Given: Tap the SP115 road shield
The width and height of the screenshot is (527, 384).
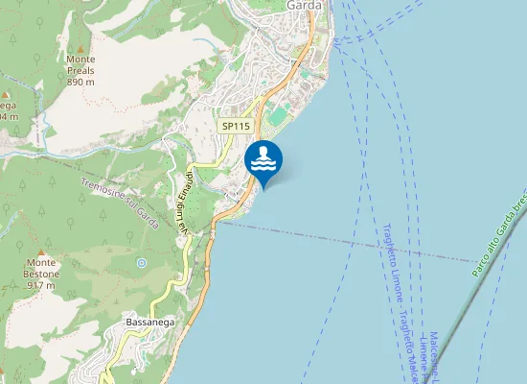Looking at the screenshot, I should click(235, 126).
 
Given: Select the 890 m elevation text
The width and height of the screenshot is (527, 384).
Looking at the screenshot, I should click(80, 83).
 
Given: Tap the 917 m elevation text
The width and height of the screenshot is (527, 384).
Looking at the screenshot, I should click(41, 285).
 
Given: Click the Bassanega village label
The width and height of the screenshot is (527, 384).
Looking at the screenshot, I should click(149, 324).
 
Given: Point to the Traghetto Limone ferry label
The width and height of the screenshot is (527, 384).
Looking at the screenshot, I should click(392, 259).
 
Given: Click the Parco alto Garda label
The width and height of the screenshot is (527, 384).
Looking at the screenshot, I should click(498, 231).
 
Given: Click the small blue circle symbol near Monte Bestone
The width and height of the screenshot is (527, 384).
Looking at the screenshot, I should click(142, 262).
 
